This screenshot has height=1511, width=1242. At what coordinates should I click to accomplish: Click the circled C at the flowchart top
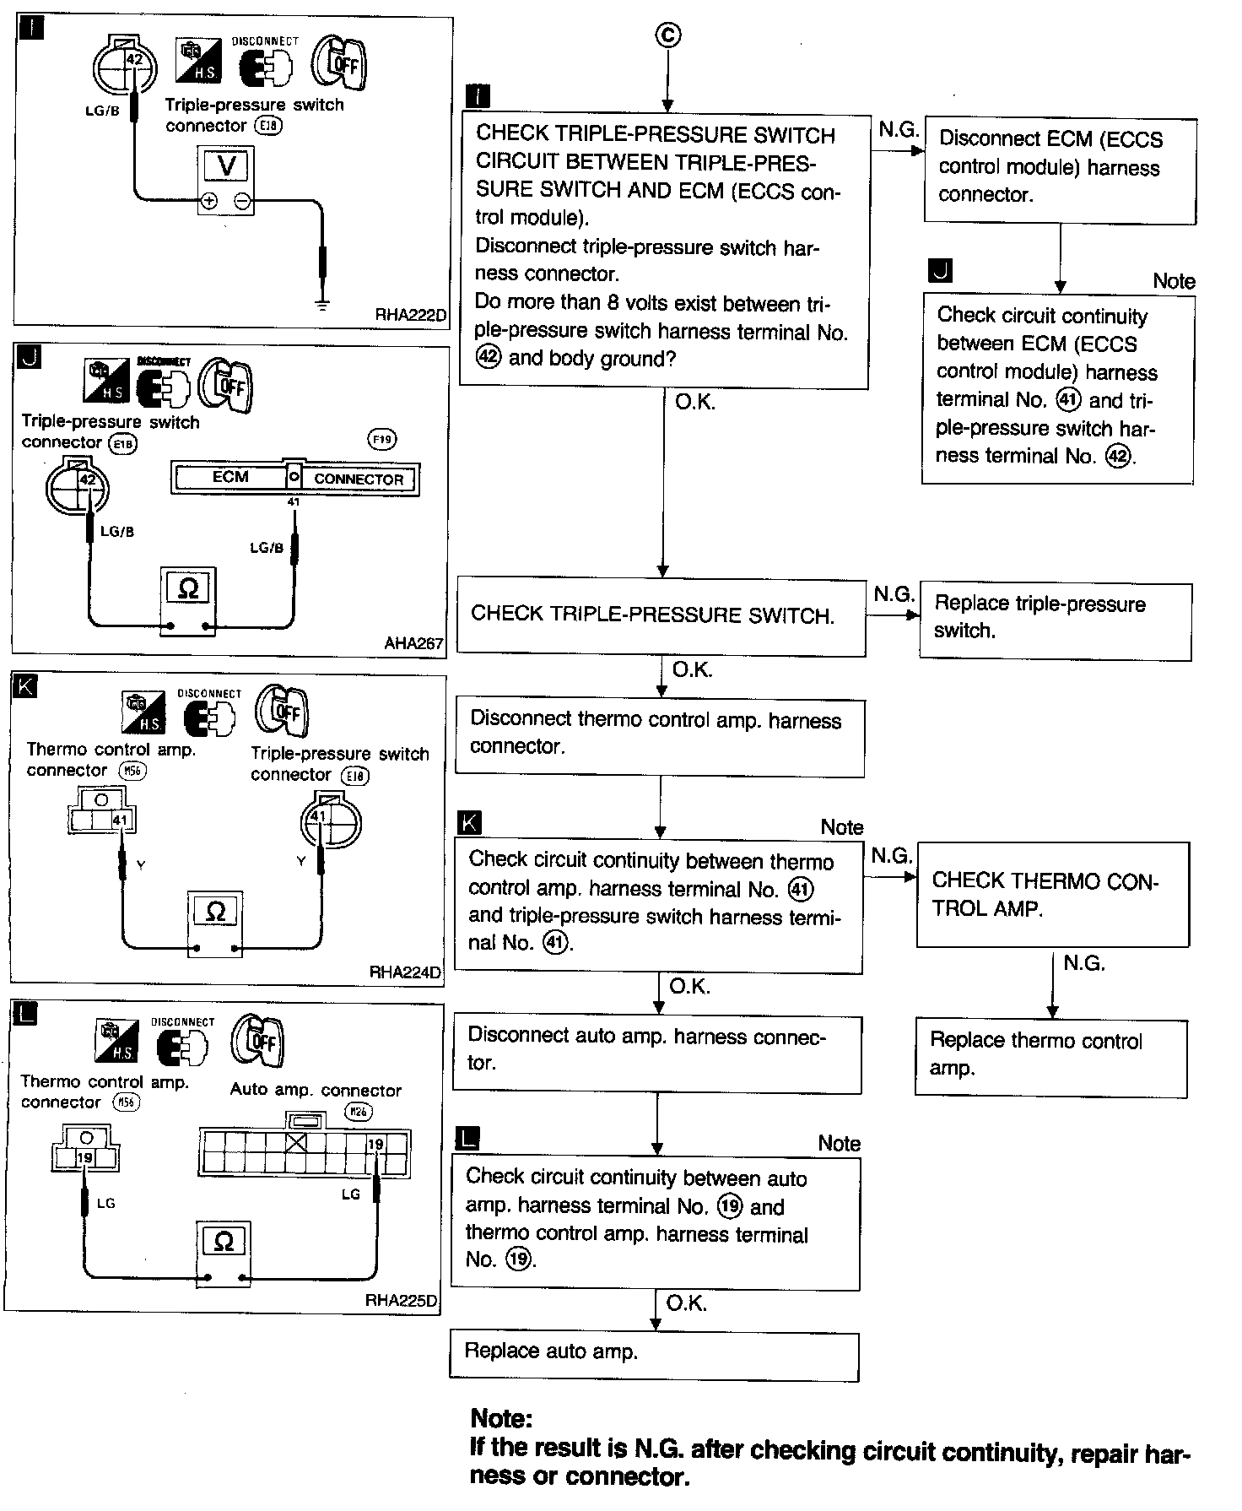click(x=667, y=35)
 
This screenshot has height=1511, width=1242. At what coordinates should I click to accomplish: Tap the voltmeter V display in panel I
click(x=226, y=165)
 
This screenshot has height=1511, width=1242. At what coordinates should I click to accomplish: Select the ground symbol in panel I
click(x=321, y=302)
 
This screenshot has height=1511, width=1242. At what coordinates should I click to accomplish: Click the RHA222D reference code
click(x=411, y=316)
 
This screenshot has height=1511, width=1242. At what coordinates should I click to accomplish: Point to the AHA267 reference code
click(x=413, y=643)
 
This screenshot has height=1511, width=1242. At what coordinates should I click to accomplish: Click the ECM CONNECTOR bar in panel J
click(x=295, y=478)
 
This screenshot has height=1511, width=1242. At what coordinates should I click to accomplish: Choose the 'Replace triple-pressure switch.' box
click(x=1055, y=621)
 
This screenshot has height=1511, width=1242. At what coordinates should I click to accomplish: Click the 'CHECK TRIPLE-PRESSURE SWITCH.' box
click(x=661, y=616)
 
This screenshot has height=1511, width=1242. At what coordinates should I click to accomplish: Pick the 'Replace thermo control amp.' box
click(x=1050, y=1058)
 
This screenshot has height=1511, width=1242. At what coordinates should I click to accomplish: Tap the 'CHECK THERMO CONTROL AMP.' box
click(x=1052, y=894)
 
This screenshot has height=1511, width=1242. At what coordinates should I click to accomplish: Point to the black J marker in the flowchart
click(x=939, y=271)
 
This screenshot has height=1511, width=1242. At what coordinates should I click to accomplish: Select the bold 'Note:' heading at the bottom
click(x=501, y=1417)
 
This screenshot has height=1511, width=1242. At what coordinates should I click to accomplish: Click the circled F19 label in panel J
click(x=382, y=439)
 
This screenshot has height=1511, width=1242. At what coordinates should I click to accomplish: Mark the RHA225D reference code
click(x=401, y=1300)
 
